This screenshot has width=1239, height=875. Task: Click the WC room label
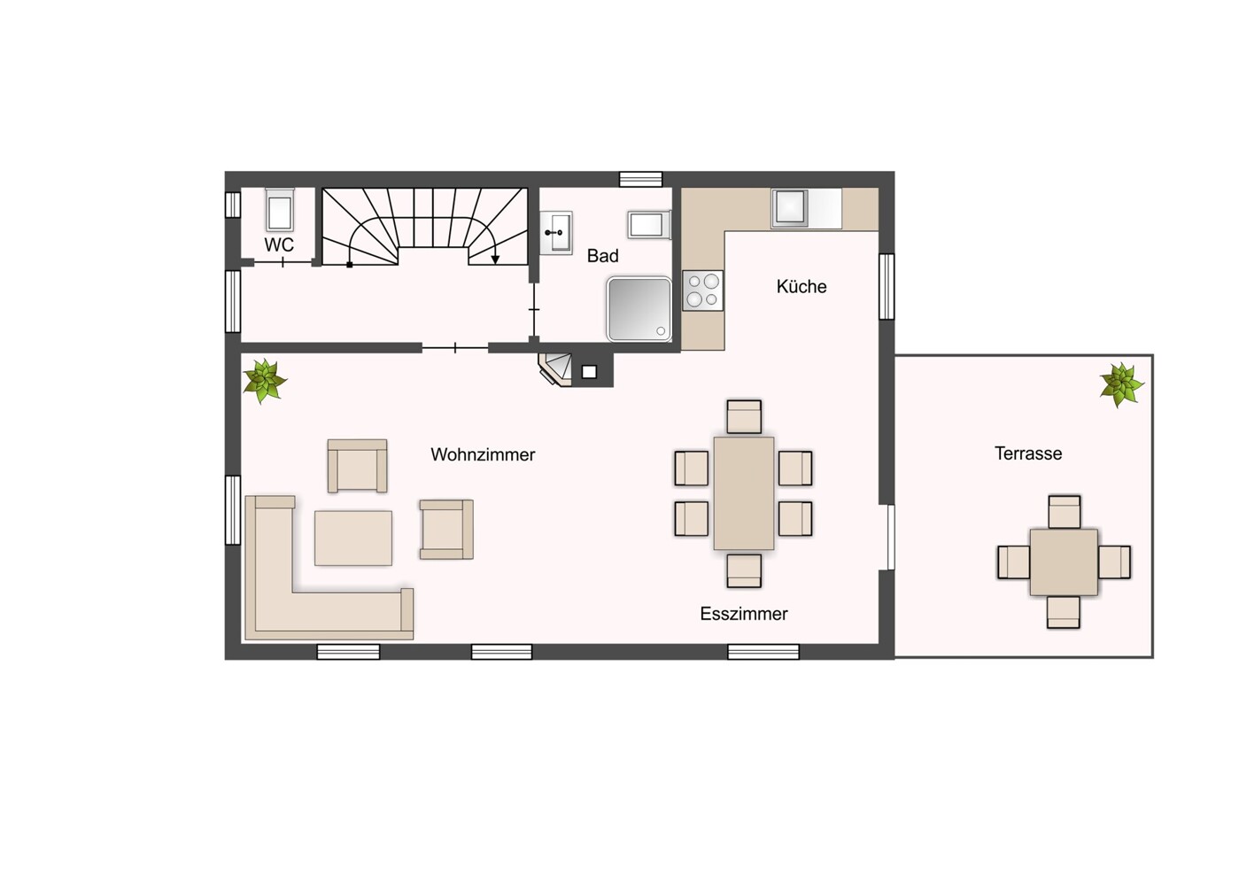coord(279,244)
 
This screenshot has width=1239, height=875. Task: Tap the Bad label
coord(602,256)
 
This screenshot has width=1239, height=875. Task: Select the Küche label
coord(801,286)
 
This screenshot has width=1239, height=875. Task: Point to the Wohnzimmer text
coord(483,454)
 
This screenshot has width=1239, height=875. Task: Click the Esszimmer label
coord(743,614)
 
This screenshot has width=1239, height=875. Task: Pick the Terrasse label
coord(1027,453)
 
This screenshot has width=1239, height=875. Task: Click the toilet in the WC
coord(279,210)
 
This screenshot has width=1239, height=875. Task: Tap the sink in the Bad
coord(556,232)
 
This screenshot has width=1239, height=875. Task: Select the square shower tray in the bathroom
coord(639,309)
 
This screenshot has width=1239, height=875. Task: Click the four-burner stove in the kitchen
coord(702,290)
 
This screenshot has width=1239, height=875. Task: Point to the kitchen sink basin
coord(790,207)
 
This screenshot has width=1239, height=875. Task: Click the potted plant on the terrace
coord(1121,385)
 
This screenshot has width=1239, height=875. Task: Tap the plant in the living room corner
coord(265,381)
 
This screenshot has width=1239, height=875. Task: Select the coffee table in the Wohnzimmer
coord(352,538)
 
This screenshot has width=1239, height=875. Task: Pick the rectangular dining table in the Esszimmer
coord(743,493)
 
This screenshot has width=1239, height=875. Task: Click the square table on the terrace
coord(1063,562)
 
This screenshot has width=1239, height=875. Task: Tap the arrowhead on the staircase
coord(495,259)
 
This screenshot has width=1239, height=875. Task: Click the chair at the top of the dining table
coord(744,416)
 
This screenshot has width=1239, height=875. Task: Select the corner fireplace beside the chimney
coord(556,369)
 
